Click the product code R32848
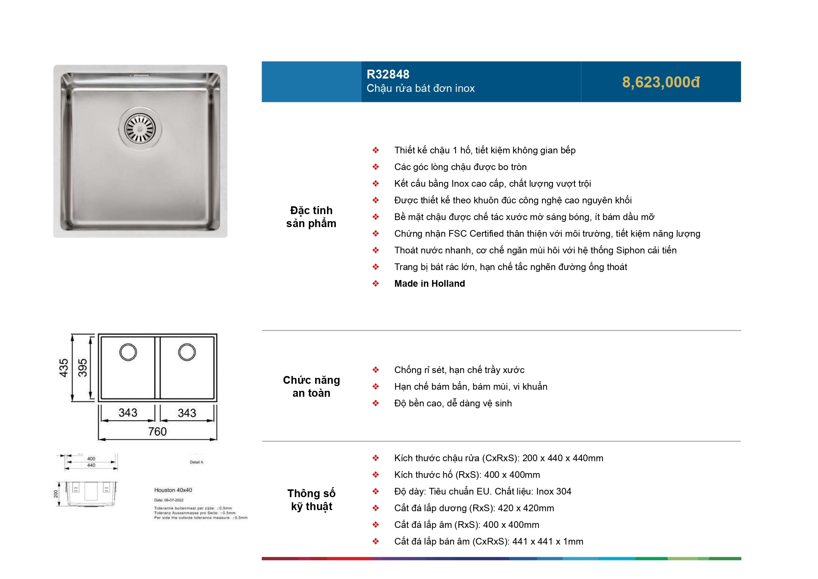[388, 74]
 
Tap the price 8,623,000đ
[661, 82]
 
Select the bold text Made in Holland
[429, 284]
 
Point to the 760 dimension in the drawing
[157, 432]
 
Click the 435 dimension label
[64, 367]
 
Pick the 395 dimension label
[82, 367]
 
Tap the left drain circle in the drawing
[128, 352]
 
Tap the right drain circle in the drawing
[187, 352]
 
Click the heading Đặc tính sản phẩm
[311, 217]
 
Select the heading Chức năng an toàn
[311, 386]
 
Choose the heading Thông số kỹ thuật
[311, 500]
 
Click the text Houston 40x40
[173, 490]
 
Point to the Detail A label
[196, 462]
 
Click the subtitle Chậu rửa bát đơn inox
[420, 89]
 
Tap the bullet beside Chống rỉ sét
[375, 370]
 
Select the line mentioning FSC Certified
[547, 234]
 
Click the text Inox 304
[554, 492]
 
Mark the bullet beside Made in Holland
[375, 284]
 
